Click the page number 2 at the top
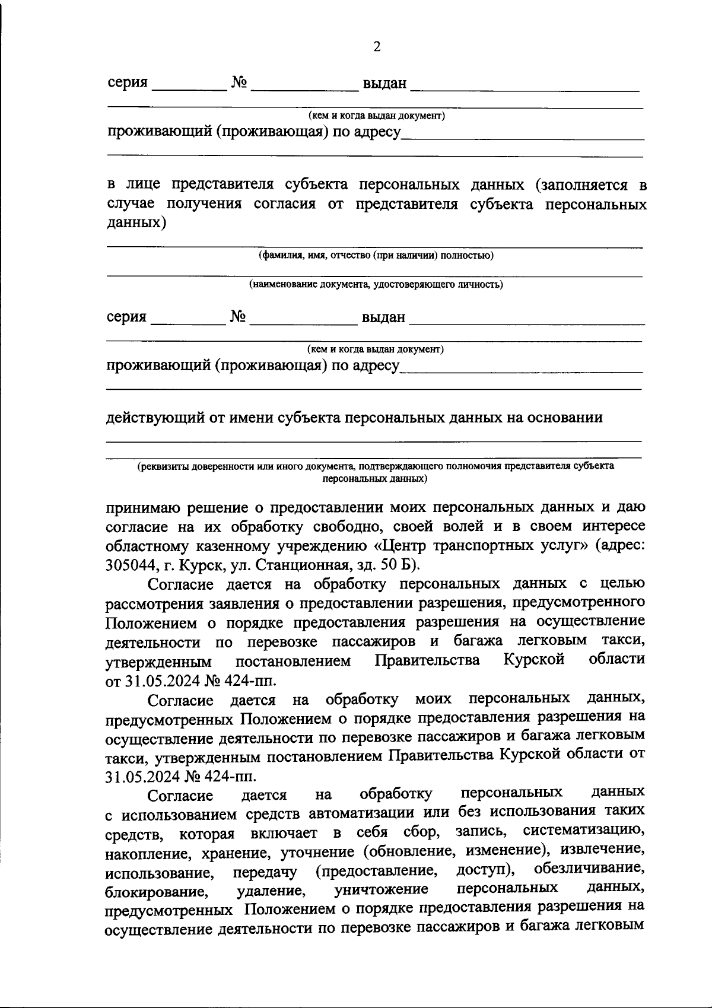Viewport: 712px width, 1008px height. pyautogui.click(x=377, y=47)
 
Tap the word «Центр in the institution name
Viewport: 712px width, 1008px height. pyautogui.click(x=404, y=545)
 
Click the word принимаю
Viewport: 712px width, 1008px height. pyautogui.click(x=141, y=508)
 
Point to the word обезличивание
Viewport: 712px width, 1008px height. pyautogui.click(x=590, y=869)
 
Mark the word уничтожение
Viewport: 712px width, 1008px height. pyautogui.click(x=382, y=889)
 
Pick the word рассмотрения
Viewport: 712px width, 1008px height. pyautogui.click(x=156, y=604)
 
